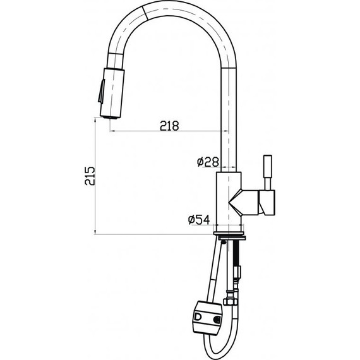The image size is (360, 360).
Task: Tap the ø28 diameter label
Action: (207, 163)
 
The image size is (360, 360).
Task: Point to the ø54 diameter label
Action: (199, 220)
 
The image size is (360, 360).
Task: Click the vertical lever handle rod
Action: (267, 170)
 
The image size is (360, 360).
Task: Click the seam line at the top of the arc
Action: (144, 11)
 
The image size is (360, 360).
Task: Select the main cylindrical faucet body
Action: (228, 199)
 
